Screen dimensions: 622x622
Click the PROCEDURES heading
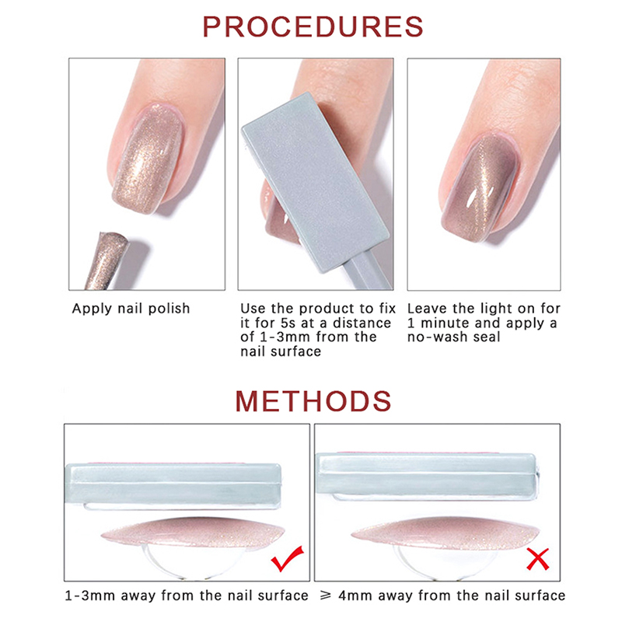coord(313,27)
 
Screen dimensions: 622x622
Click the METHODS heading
coord(313,401)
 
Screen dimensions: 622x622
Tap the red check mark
coord(287,558)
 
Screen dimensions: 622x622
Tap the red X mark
coord(538,559)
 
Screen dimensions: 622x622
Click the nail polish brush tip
coord(107,260)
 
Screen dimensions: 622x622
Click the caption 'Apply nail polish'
coord(131,309)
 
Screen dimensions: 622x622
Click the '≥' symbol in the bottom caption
coord(326,596)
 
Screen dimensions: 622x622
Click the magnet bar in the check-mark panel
coord(173,485)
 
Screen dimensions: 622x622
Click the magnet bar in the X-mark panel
coord(426,475)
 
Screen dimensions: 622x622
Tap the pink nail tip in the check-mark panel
coord(193,532)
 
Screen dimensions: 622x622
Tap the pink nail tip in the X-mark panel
coord(445,533)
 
